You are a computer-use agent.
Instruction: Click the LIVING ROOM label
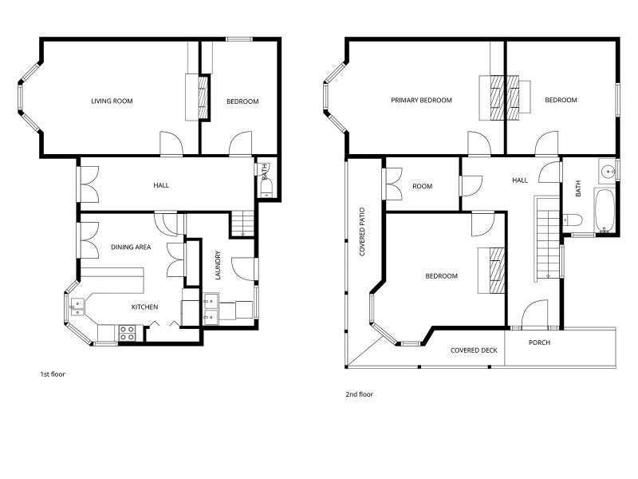112,101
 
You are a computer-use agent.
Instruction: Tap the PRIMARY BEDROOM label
421,101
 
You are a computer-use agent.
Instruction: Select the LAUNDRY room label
218,265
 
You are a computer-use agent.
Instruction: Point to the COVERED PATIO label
362,232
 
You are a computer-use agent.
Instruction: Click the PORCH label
539,342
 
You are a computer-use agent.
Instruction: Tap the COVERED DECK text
474,350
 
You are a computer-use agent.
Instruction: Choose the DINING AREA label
131,247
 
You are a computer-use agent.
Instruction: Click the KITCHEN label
144,307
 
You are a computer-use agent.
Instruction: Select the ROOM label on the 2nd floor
423,186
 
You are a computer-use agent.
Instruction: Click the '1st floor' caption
53,374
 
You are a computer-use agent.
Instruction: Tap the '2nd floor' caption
360,394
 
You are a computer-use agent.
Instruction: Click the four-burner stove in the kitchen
127,333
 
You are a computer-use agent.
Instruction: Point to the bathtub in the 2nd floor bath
605,210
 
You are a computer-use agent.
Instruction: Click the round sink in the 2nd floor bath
608,171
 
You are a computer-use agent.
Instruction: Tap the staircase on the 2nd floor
548,238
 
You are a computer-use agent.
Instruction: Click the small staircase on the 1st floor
242,224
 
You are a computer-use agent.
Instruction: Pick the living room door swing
171,144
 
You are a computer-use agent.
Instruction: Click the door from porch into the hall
534,314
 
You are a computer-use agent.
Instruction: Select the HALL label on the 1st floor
161,185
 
